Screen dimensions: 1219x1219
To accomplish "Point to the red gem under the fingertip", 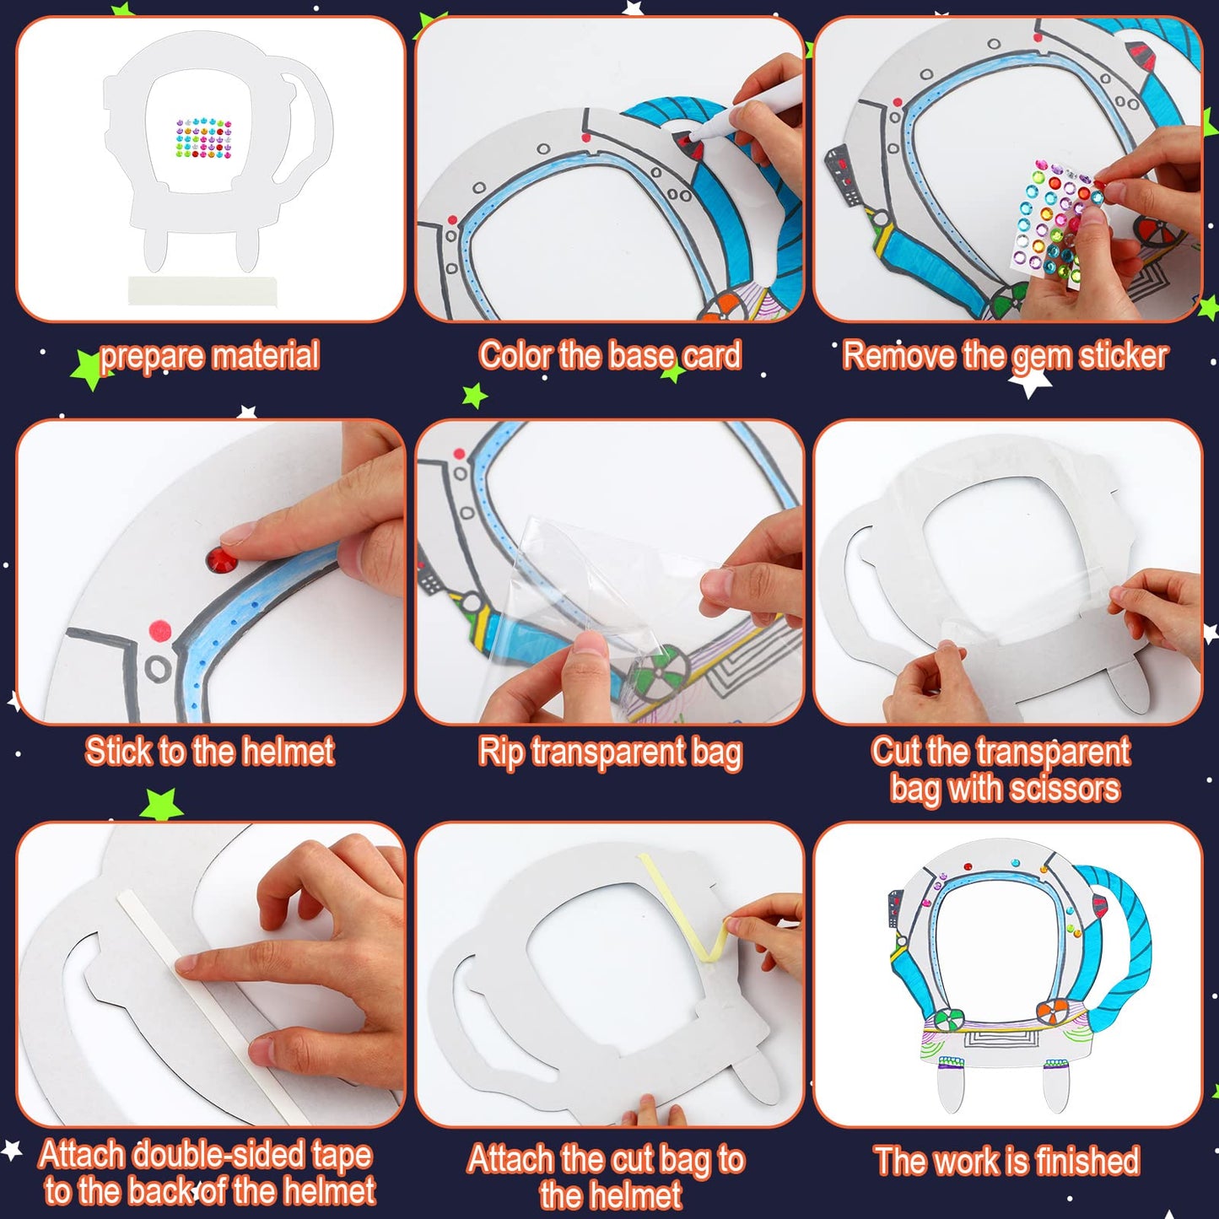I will tap(222, 558).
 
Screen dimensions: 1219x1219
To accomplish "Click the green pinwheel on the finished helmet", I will tap(949, 1018).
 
